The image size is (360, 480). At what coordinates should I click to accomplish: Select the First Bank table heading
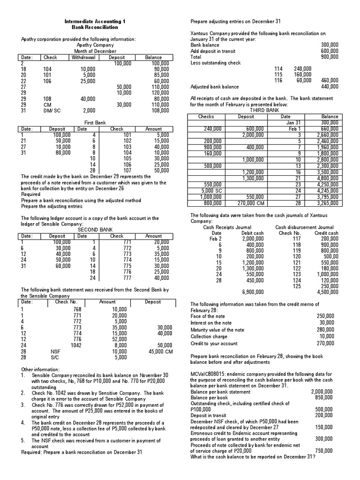pos(95,122)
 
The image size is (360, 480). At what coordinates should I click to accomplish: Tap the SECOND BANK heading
pos(93,230)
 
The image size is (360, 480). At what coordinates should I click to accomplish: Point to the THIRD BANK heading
pos(265,111)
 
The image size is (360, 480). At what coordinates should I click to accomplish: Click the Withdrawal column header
pos(83,58)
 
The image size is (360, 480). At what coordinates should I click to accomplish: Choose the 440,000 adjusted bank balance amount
pos(330,87)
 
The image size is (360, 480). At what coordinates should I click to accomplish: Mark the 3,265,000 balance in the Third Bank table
pos(328,203)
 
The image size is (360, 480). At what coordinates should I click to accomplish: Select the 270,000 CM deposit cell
pos(250,203)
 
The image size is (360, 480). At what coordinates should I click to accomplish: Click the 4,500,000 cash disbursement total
pos(327,292)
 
